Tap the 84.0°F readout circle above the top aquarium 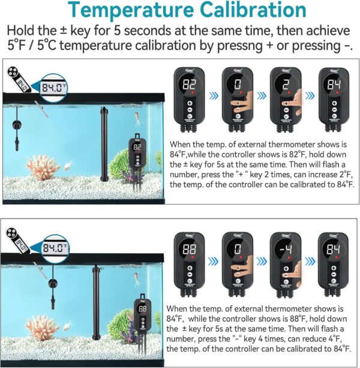tap(55, 88)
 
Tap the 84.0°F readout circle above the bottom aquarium tap(54, 247)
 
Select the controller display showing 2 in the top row tap(285, 85)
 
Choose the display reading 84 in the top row tap(333, 85)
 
